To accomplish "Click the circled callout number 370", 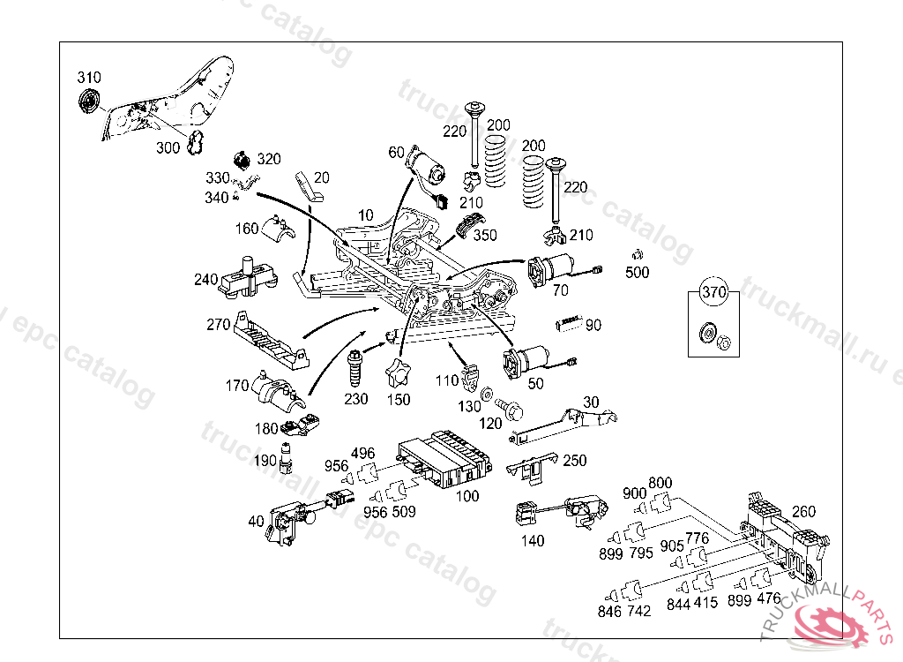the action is [x=713, y=292].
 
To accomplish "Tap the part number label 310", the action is [x=89, y=78].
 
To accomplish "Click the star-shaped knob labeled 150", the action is [x=398, y=372].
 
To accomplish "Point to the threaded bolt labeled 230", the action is [x=354, y=368].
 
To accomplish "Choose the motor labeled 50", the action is [x=526, y=362].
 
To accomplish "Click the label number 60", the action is [x=396, y=152].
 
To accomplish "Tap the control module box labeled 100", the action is [x=444, y=458].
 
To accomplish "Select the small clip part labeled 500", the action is [x=637, y=253].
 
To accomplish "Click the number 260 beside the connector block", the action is [x=803, y=511].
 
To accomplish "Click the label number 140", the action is [x=532, y=541].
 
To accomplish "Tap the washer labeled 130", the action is [x=486, y=395].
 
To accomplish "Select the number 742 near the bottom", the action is [x=638, y=612].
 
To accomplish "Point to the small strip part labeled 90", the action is [x=569, y=323].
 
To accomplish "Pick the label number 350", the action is [x=485, y=236].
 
